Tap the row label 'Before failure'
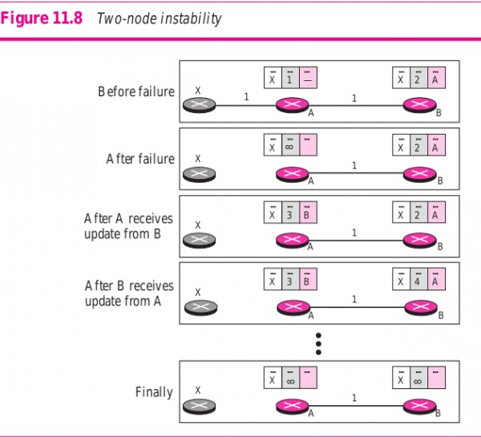point(136,91)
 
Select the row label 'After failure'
point(140,159)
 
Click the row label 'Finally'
point(154,392)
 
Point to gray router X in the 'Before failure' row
point(198,104)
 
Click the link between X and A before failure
point(246,104)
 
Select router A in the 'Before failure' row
point(294,104)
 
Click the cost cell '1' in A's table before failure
point(289,79)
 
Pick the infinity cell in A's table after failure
point(289,146)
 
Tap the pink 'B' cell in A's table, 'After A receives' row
point(307,213)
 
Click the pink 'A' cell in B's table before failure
point(435,79)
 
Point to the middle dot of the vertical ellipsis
point(318,343)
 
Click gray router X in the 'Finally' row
point(198,406)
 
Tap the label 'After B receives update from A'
point(128,294)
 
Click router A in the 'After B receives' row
point(294,306)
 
